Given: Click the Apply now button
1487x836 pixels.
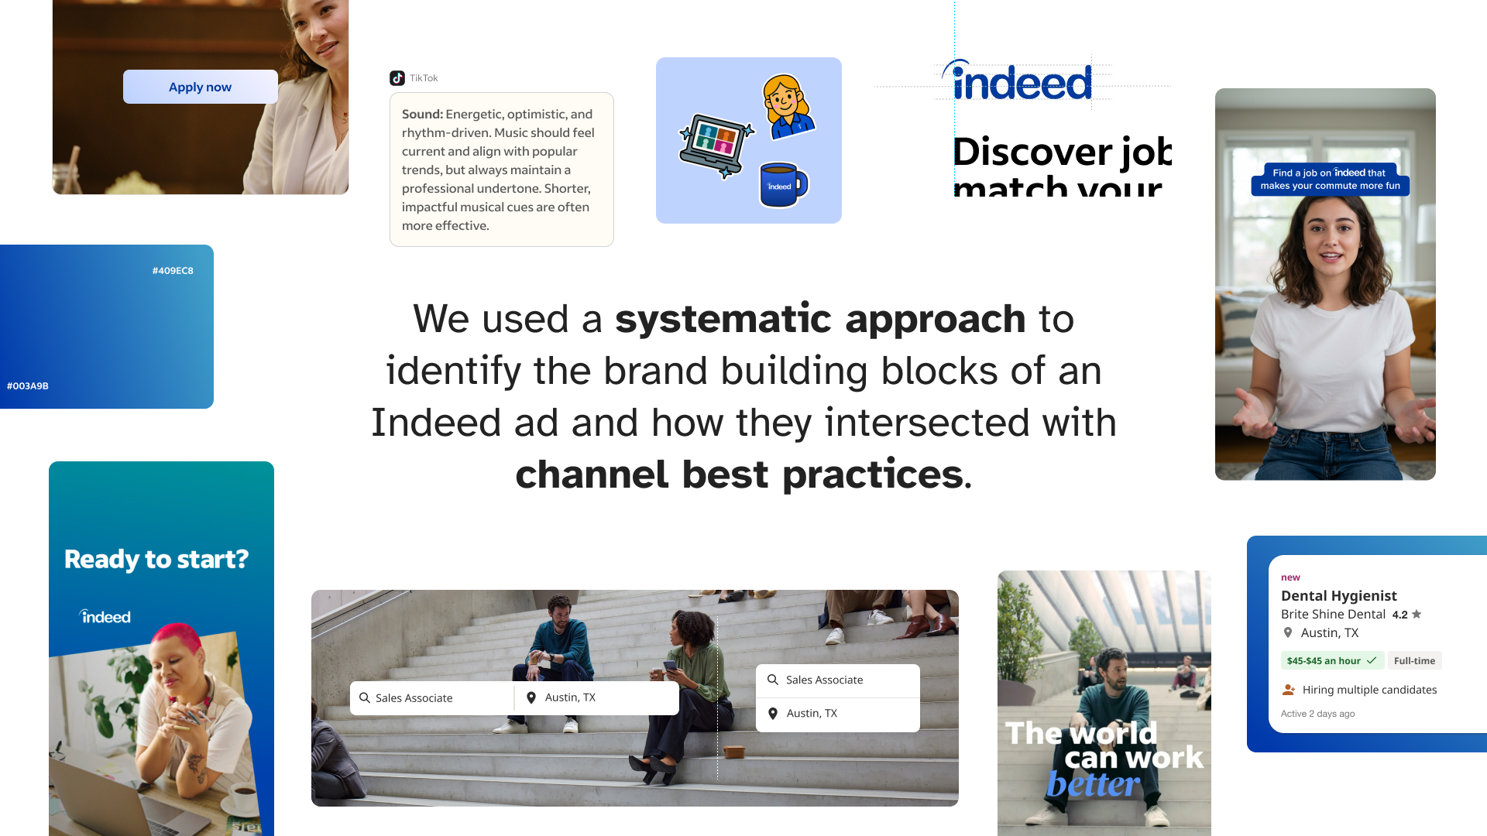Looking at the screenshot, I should click(200, 87).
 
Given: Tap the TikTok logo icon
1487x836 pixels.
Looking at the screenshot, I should click(397, 78).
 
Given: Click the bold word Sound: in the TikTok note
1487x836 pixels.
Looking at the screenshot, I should click(422, 115).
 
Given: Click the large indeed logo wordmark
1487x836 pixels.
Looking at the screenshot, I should click(1021, 82).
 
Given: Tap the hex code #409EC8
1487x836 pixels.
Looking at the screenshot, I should click(173, 271).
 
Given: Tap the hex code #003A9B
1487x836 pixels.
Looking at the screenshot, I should click(28, 386).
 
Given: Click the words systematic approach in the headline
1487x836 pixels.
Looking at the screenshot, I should click(819, 319).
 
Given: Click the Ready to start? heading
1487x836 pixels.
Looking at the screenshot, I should click(156, 559).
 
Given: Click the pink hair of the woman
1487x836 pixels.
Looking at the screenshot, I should click(176, 639).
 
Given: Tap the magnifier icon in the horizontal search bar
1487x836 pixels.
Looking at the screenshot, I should click(365, 697).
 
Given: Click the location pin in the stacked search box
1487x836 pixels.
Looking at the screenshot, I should click(772, 714).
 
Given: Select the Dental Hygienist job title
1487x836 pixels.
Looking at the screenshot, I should click(1338, 596).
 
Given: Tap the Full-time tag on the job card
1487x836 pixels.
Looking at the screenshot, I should click(1414, 661).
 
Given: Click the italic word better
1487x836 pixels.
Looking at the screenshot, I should click(1093, 785).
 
